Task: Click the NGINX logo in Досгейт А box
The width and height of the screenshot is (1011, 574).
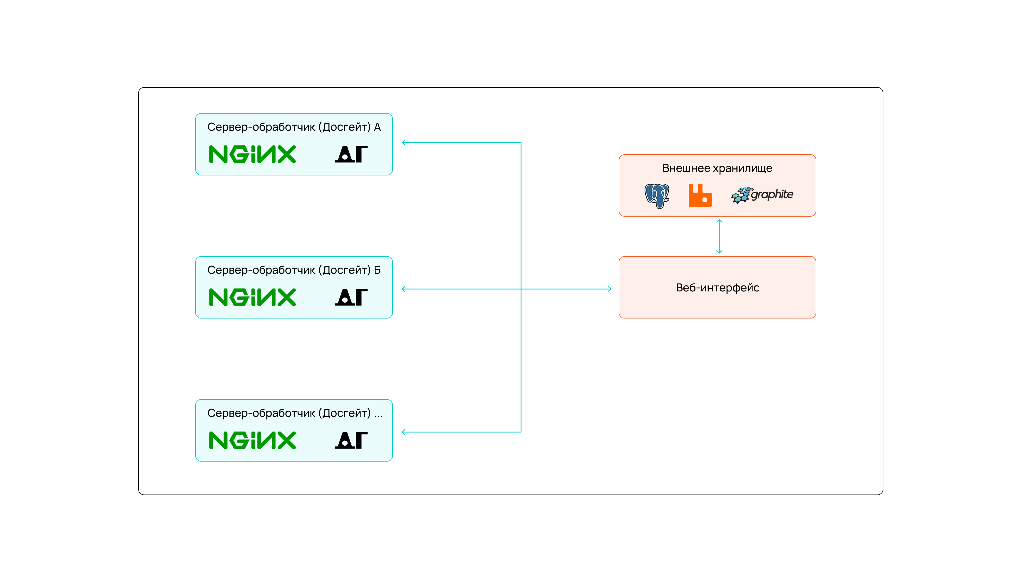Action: point(252,154)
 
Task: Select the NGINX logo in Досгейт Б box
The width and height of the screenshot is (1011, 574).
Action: point(252,297)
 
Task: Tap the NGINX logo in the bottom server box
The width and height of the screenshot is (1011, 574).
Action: point(252,440)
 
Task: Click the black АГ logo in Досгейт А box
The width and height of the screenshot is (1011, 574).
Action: point(351,154)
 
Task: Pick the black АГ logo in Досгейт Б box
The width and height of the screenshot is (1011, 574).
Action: point(351,297)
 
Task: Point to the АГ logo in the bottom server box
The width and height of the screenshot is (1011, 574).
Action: point(351,440)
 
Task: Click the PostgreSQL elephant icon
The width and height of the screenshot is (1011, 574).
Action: point(657,195)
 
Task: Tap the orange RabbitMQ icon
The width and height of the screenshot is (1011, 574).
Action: point(700,195)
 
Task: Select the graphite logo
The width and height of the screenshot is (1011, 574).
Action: point(762,195)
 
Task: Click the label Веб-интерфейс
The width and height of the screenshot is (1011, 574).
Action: point(717,288)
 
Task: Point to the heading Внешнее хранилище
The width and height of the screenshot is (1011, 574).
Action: point(717,168)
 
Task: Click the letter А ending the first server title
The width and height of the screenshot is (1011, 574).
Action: point(377,127)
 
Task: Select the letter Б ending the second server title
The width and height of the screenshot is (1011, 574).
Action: point(377,270)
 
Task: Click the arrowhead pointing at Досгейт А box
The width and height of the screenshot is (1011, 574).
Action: point(404,142)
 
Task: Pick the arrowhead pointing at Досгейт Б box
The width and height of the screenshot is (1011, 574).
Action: point(404,289)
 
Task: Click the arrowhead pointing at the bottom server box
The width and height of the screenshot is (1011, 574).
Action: point(404,432)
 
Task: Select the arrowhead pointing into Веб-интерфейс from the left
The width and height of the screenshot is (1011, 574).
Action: point(609,289)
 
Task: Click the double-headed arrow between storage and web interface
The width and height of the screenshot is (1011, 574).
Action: point(719,236)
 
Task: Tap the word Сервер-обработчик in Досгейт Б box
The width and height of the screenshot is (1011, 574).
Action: point(261,270)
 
